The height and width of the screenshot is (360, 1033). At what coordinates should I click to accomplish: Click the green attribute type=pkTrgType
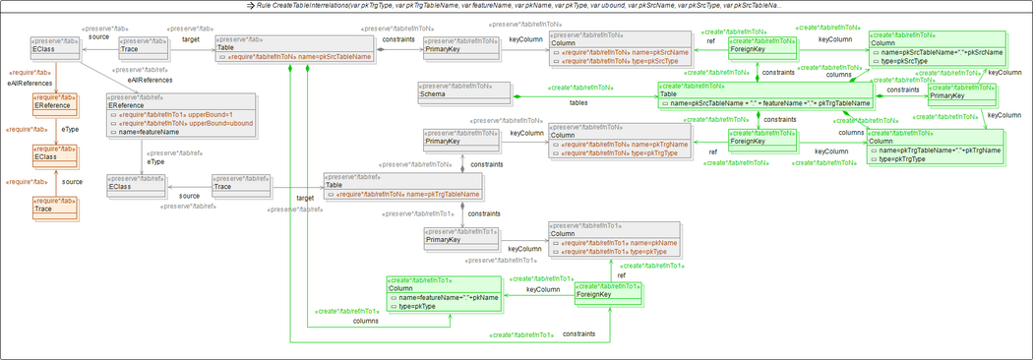click(912, 158)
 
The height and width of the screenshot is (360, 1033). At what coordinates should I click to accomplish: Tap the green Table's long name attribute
click(767, 102)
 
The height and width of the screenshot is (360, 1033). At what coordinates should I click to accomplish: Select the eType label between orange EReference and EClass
click(69, 130)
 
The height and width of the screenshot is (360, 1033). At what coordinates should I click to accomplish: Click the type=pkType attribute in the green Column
click(419, 306)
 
